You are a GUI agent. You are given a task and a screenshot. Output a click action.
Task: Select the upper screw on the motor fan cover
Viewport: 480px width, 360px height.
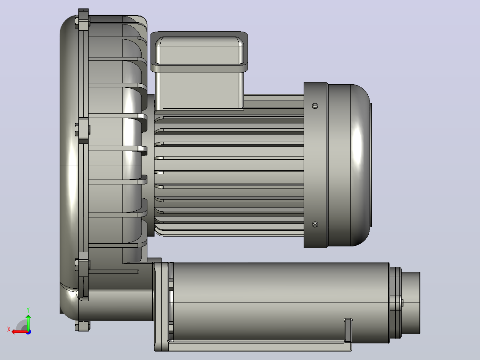coord(315,106)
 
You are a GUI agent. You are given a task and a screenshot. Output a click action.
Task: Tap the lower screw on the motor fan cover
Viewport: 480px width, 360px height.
coord(315,225)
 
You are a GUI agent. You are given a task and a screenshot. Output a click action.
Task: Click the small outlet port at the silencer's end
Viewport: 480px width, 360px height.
coord(411,303)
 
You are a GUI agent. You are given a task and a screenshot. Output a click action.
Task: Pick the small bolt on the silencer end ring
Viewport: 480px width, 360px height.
coord(402,303)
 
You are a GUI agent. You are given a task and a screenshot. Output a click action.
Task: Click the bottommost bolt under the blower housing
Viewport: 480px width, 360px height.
coord(82,326)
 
